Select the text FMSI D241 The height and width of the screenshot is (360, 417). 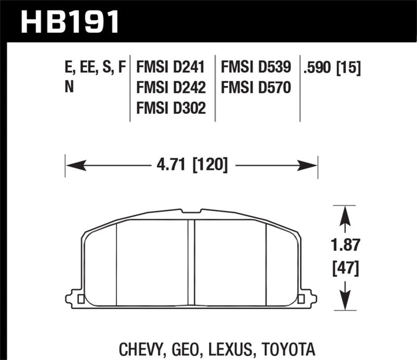pyautogui.click(x=170, y=68)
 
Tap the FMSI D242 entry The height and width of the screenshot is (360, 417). pyautogui.click(x=170, y=88)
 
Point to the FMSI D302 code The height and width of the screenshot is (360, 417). pyautogui.click(x=170, y=108)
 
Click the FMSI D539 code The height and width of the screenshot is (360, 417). pyautogui.click(x=256, y=68)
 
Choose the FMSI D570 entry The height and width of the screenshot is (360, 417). pyautogui.click(x=256, y=88)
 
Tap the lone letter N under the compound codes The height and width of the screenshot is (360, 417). pyautogui.click(x=69, y=88)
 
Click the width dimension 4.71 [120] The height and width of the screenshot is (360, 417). pyautogui.click(x=191, y=166)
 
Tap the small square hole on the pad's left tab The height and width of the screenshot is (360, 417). pyautogui.click(x=80, y=299)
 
